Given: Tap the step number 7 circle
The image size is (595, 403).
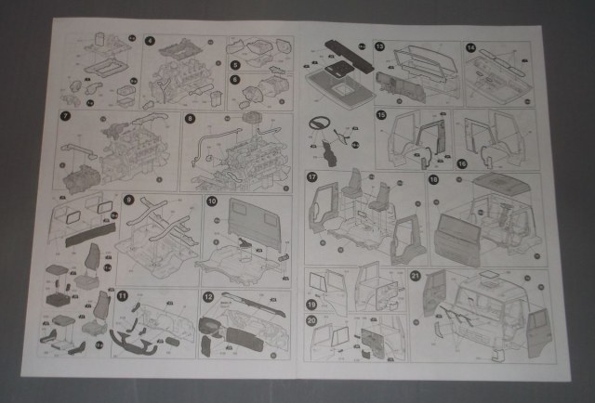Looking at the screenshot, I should [65, 116].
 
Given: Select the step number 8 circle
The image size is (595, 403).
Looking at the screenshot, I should [190, 118].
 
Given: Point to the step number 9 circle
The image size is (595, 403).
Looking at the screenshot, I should [129, 198].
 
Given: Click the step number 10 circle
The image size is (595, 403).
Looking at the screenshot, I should [212, 201].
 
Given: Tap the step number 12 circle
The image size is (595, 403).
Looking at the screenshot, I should [209, 296].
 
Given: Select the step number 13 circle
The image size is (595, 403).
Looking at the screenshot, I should [380, 46].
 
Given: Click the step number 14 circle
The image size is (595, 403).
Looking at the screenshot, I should [470, 47].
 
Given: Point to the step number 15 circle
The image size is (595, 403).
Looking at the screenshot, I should [381, 114].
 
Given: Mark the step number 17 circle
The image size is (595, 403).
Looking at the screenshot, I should [312, 176].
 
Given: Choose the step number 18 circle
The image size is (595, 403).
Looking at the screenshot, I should [433, 178].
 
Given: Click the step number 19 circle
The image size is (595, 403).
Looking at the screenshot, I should [312, 303].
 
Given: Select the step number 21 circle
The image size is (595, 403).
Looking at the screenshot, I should [416, 276].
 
